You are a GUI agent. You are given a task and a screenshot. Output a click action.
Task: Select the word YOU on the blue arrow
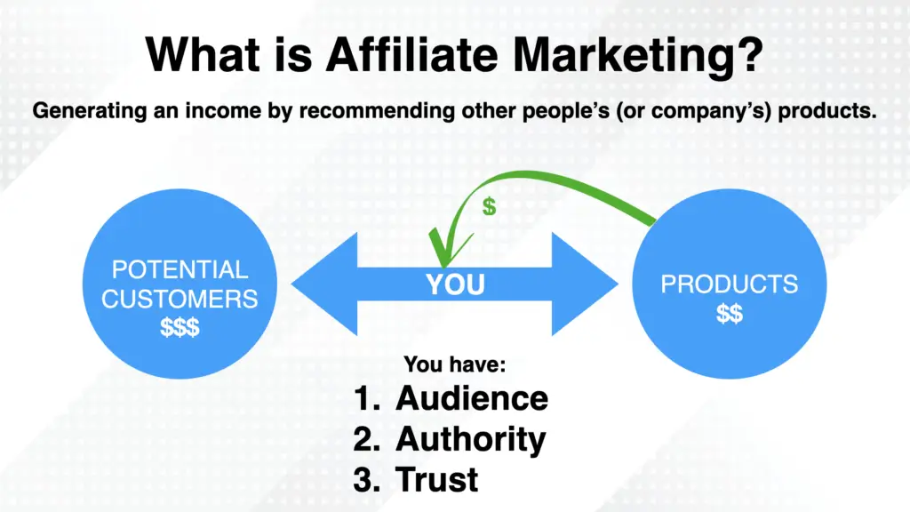454,284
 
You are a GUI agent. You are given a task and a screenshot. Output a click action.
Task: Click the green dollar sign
489,207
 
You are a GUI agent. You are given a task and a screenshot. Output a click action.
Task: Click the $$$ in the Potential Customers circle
180,326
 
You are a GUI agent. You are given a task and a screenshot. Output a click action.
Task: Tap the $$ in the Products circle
730,314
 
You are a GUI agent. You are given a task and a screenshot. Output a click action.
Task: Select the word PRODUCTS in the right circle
729,285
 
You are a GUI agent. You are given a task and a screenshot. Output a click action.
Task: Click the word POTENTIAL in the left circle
180,269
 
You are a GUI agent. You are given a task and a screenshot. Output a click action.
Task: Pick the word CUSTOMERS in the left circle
180,298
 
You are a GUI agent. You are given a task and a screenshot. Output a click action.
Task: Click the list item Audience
471,397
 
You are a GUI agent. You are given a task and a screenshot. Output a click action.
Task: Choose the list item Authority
470,438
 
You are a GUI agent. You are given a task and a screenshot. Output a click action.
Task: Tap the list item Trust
436,479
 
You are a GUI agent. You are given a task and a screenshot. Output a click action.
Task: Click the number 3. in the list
367,479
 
